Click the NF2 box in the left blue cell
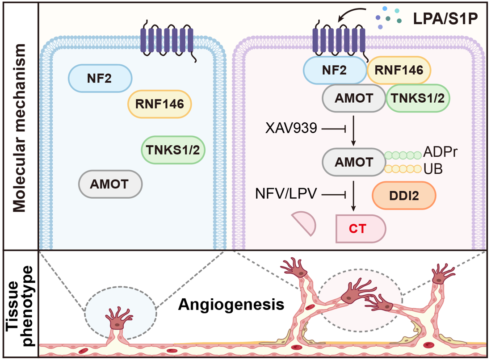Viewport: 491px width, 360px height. pos(100,79)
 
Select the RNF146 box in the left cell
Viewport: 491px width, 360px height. pos(159,105)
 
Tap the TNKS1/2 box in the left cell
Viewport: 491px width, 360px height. pos(173,149)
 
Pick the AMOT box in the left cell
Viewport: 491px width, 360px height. pos(110,184)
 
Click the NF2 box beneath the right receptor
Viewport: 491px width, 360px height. pos(335,70)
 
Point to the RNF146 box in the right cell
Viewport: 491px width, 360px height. pos(399,70)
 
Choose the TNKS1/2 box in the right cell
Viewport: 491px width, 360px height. pos(417,98)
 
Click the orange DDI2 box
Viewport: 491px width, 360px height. pos(404,195)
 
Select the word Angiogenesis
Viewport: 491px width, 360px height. pos(231,305)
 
